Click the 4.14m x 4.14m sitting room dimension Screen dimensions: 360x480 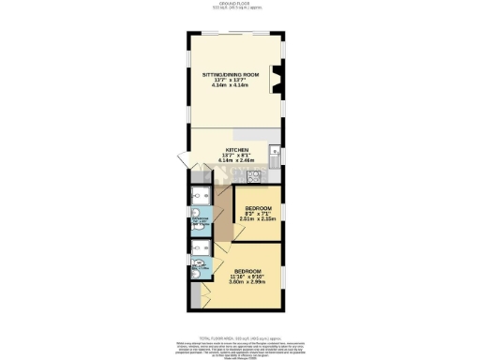pyautogui.click(x=235, y=85)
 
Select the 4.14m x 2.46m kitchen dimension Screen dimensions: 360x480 pyautogui.click(x=235, y=160)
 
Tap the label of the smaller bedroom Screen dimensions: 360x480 pyautogui.click(x=258, y=207)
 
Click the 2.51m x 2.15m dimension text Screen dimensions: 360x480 pyautogui.click(x=258, y=218)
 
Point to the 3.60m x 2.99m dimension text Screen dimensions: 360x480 pyautogui.click(x=247, y=282)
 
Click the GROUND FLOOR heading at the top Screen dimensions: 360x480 pyautogui.click(x=240, y=4)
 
